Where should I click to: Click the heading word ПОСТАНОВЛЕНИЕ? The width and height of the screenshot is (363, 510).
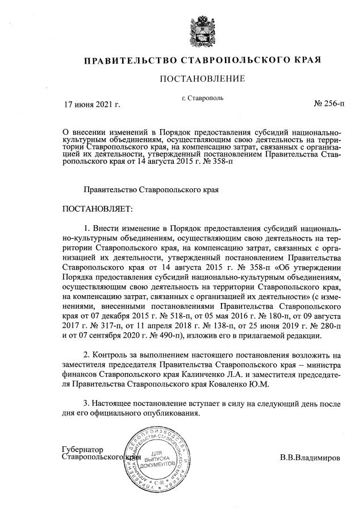point(203,79)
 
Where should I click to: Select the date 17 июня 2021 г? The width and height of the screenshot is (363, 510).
point(92,104)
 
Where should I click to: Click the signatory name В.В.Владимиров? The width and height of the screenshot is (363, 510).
point(310,457)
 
